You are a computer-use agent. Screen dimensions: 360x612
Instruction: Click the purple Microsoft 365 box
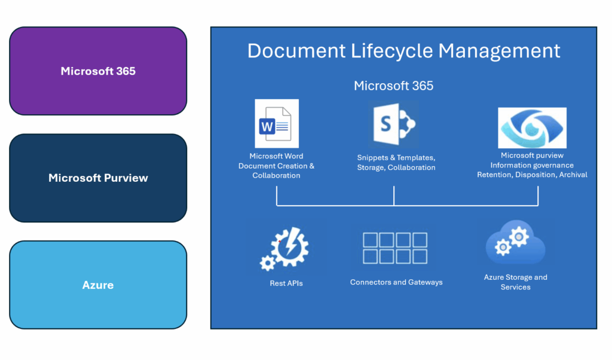click(98, 71)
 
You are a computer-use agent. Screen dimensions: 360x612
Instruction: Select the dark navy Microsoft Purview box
click(98, 178)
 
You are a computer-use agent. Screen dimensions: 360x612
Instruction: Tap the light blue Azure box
click(98, 285)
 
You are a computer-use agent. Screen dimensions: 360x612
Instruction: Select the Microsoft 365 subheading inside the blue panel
click(393, 86)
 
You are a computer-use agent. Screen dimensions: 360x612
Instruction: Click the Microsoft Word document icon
click(276, 124)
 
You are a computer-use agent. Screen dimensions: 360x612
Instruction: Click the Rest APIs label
click(286, 283)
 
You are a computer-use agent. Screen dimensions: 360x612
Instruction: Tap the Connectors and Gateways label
click(396, 282)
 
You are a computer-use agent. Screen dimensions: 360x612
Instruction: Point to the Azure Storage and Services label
click(515, 282)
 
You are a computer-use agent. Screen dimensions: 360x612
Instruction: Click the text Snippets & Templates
click(396, 158)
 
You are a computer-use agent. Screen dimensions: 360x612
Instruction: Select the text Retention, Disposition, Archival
click(532, 175)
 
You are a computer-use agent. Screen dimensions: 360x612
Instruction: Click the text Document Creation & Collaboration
click(276, 170)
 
